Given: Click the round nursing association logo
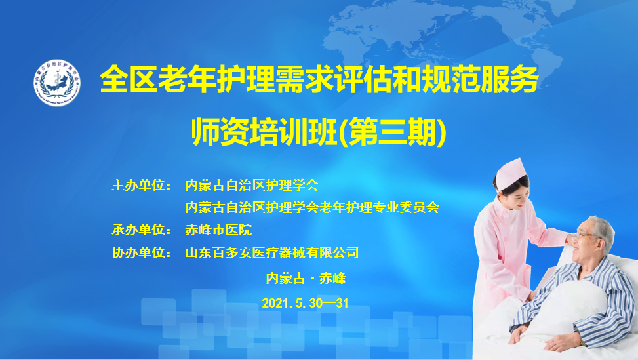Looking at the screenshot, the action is coord(57,83).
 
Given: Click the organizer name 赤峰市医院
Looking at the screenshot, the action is coord(218,230).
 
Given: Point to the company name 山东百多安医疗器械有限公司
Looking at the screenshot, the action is coord(272,252).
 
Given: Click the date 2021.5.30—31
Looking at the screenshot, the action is coord(305,303).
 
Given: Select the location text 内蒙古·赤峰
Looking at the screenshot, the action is coord(306,279).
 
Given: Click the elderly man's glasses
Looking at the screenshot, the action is coord(581,235).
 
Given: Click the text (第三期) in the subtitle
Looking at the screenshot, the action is coord(392,132).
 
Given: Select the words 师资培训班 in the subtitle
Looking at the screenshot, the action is coord(264,132).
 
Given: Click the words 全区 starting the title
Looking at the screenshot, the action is coord(129,79).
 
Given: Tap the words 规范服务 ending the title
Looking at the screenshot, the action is coord(481,79).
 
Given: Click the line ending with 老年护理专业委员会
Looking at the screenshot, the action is coord(312,207).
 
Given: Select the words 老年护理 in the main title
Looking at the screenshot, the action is coord(216,79).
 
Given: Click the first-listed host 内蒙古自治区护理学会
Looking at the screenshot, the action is coord(252,185).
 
